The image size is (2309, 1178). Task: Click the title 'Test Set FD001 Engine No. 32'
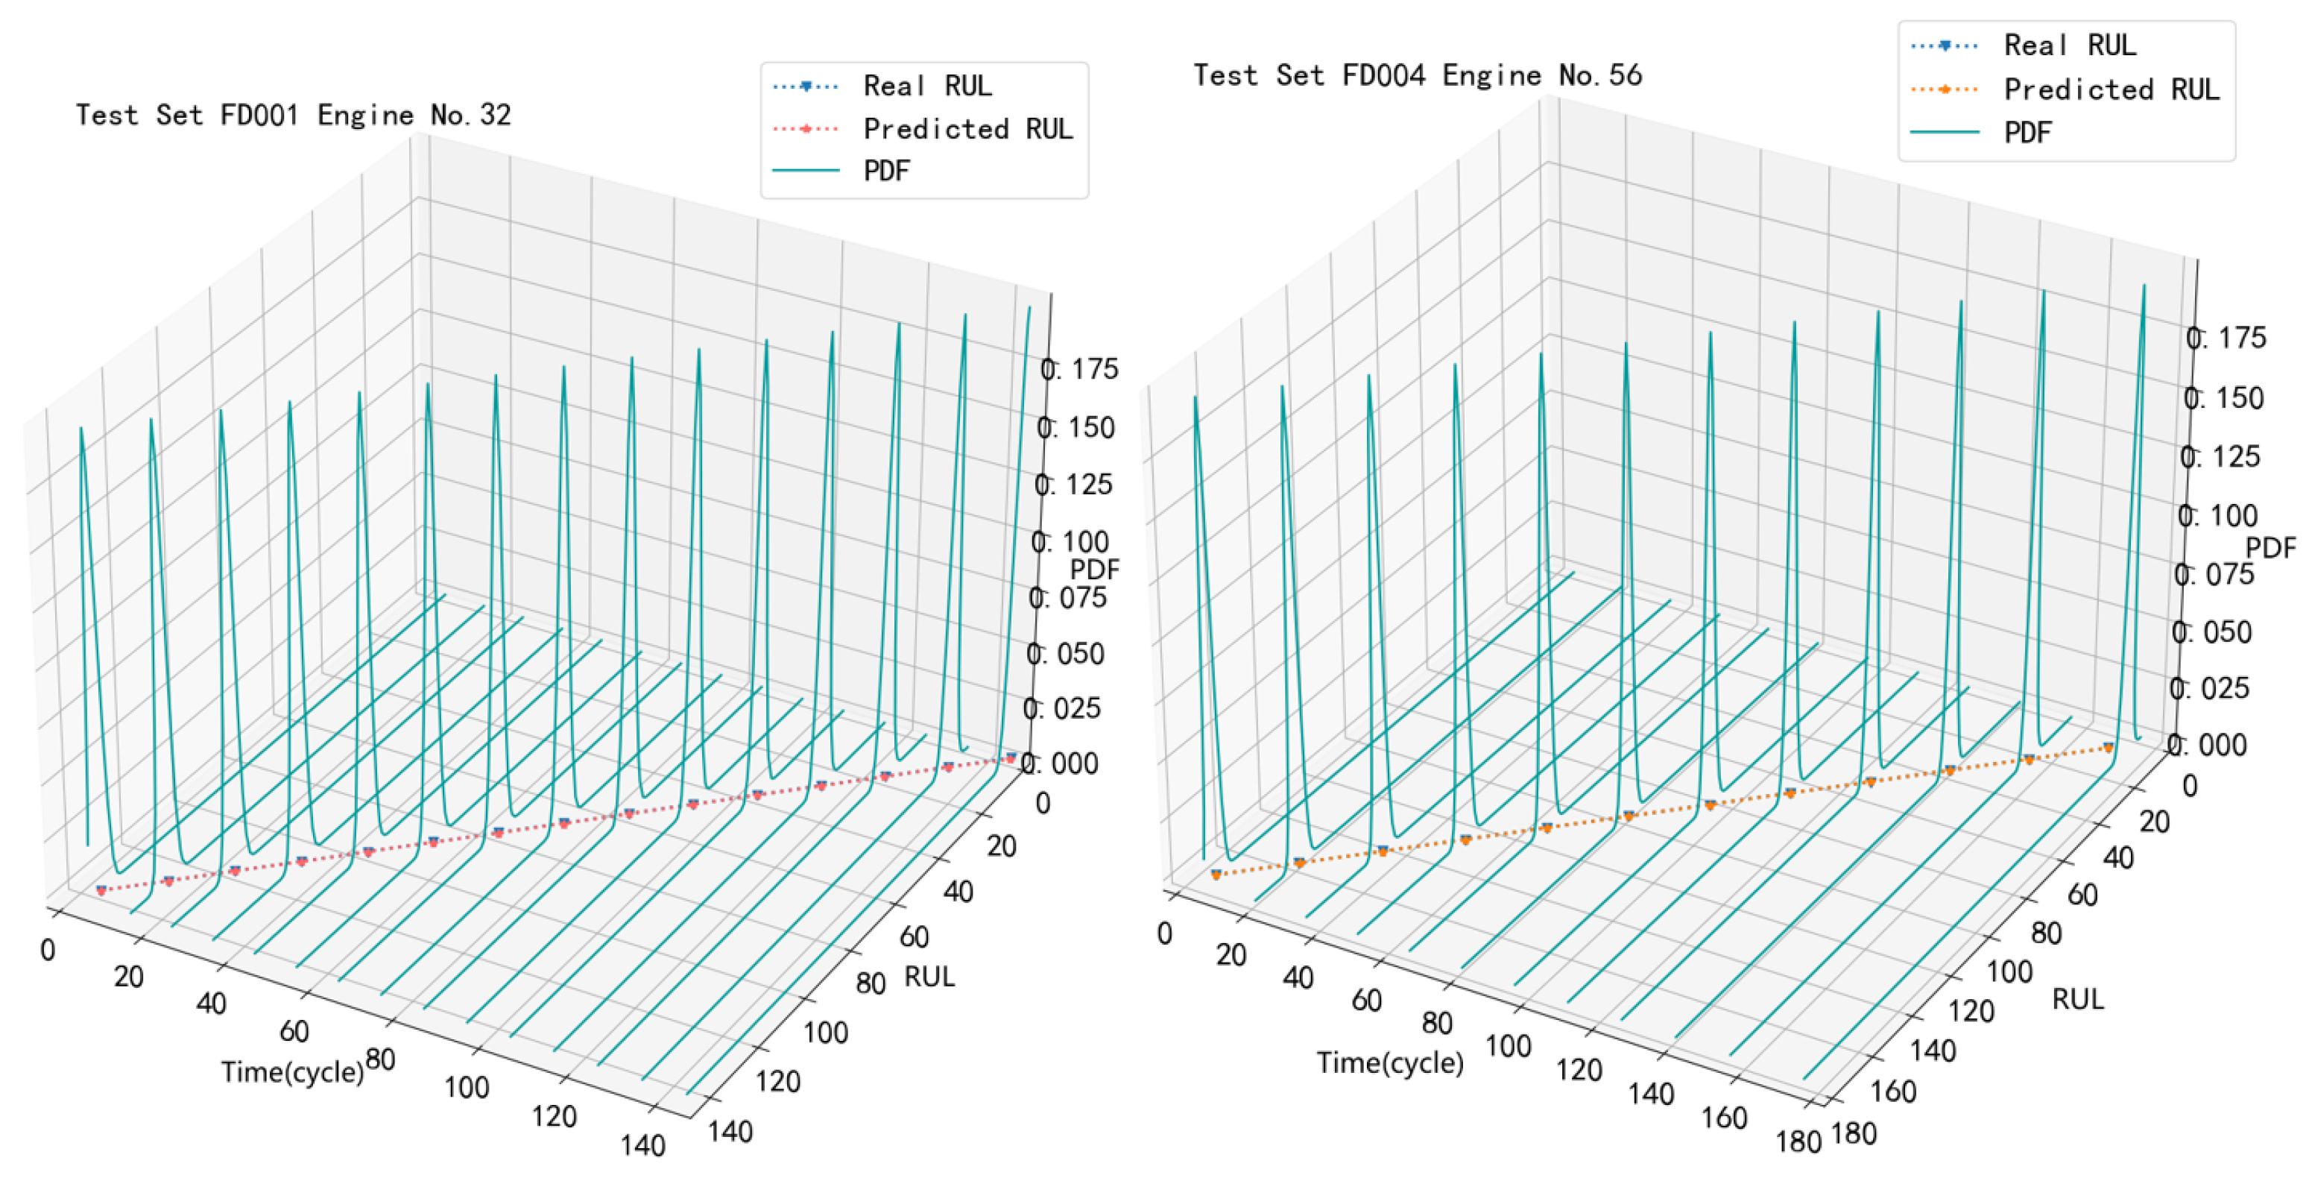click(293, 116)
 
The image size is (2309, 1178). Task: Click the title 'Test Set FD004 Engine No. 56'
click(1417, 75)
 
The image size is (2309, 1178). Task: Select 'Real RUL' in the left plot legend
click(927, 86)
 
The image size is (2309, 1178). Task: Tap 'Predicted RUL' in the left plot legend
click(967, 129)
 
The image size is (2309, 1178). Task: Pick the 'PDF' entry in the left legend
click(886, 170)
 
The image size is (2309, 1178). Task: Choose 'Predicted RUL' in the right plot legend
click(2111, 89)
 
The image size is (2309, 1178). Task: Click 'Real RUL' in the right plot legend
click(2070, 45)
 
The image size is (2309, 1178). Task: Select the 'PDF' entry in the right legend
click(2027, 133)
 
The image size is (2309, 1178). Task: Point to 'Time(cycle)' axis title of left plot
click(292, 1071)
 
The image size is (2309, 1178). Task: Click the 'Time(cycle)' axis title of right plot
click(1389, 1062)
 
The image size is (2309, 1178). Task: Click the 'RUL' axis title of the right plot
click(2078, 999)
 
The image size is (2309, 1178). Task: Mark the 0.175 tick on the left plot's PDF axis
click(1079, 368)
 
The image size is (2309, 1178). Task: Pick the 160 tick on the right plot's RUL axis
click(1893, 1091)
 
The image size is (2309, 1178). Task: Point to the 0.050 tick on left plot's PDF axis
click(1066, 654)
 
